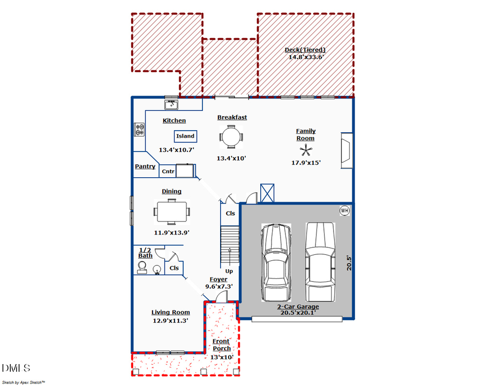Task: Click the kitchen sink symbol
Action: [171, 105]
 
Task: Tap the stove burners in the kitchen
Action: [139, 129]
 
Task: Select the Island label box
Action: [185, 136]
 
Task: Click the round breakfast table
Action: [231, 137]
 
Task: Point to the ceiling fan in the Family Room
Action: [306, 151]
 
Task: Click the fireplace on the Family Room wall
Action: [347, 150]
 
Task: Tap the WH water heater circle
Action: [344, 210]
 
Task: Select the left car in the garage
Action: [276, 262]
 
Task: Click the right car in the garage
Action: [320, 262]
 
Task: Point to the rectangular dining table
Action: [171, 212]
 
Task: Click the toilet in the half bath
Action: [142, 267]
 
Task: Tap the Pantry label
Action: [145, 166]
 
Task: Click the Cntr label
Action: [168, 171]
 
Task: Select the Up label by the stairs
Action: [229, 271]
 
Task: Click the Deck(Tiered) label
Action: [305, 50]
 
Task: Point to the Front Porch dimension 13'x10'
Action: [222, 357]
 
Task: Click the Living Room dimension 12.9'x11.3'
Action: [170, 321]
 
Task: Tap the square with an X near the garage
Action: [267, 193]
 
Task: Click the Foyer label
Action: [219, 280]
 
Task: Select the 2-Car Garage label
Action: [298, 306]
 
